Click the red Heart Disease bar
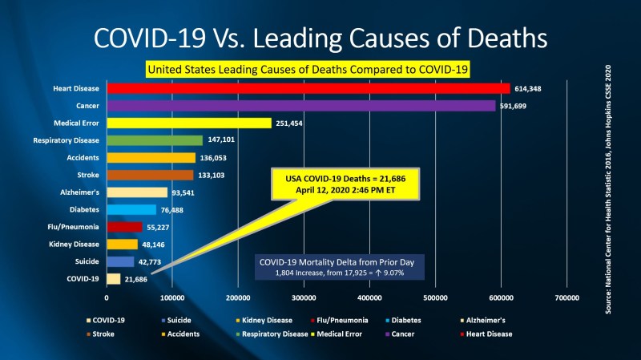tap(308, 88)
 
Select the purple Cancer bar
tap(300, 105)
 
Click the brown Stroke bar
tap(150, 175)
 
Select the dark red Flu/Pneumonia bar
tap(124, 227)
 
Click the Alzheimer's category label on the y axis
tap(79, 192)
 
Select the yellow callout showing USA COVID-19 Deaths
tap(341, 184)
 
